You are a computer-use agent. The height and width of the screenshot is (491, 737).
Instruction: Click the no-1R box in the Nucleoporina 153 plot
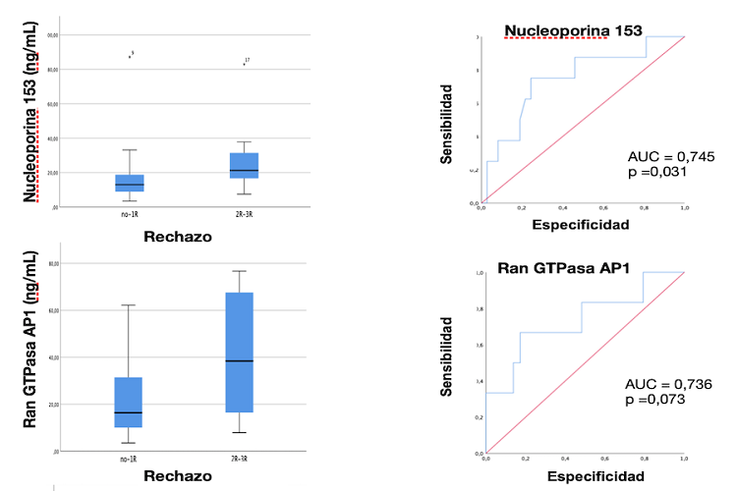[130, 183]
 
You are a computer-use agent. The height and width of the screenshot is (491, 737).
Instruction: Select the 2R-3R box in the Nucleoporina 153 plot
[245, 165]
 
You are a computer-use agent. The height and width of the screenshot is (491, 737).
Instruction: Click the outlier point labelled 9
[129, 57]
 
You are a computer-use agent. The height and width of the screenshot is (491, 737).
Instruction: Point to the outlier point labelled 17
[244, 64]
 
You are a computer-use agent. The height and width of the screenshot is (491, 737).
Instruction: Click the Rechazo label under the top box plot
[179, 236]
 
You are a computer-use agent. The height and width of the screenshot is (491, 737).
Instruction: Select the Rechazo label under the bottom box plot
[179, 476]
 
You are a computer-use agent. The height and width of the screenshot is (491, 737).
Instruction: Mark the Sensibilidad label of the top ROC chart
[447, 123]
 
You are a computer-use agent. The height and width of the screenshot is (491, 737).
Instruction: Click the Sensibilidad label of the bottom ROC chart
[447, 355]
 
